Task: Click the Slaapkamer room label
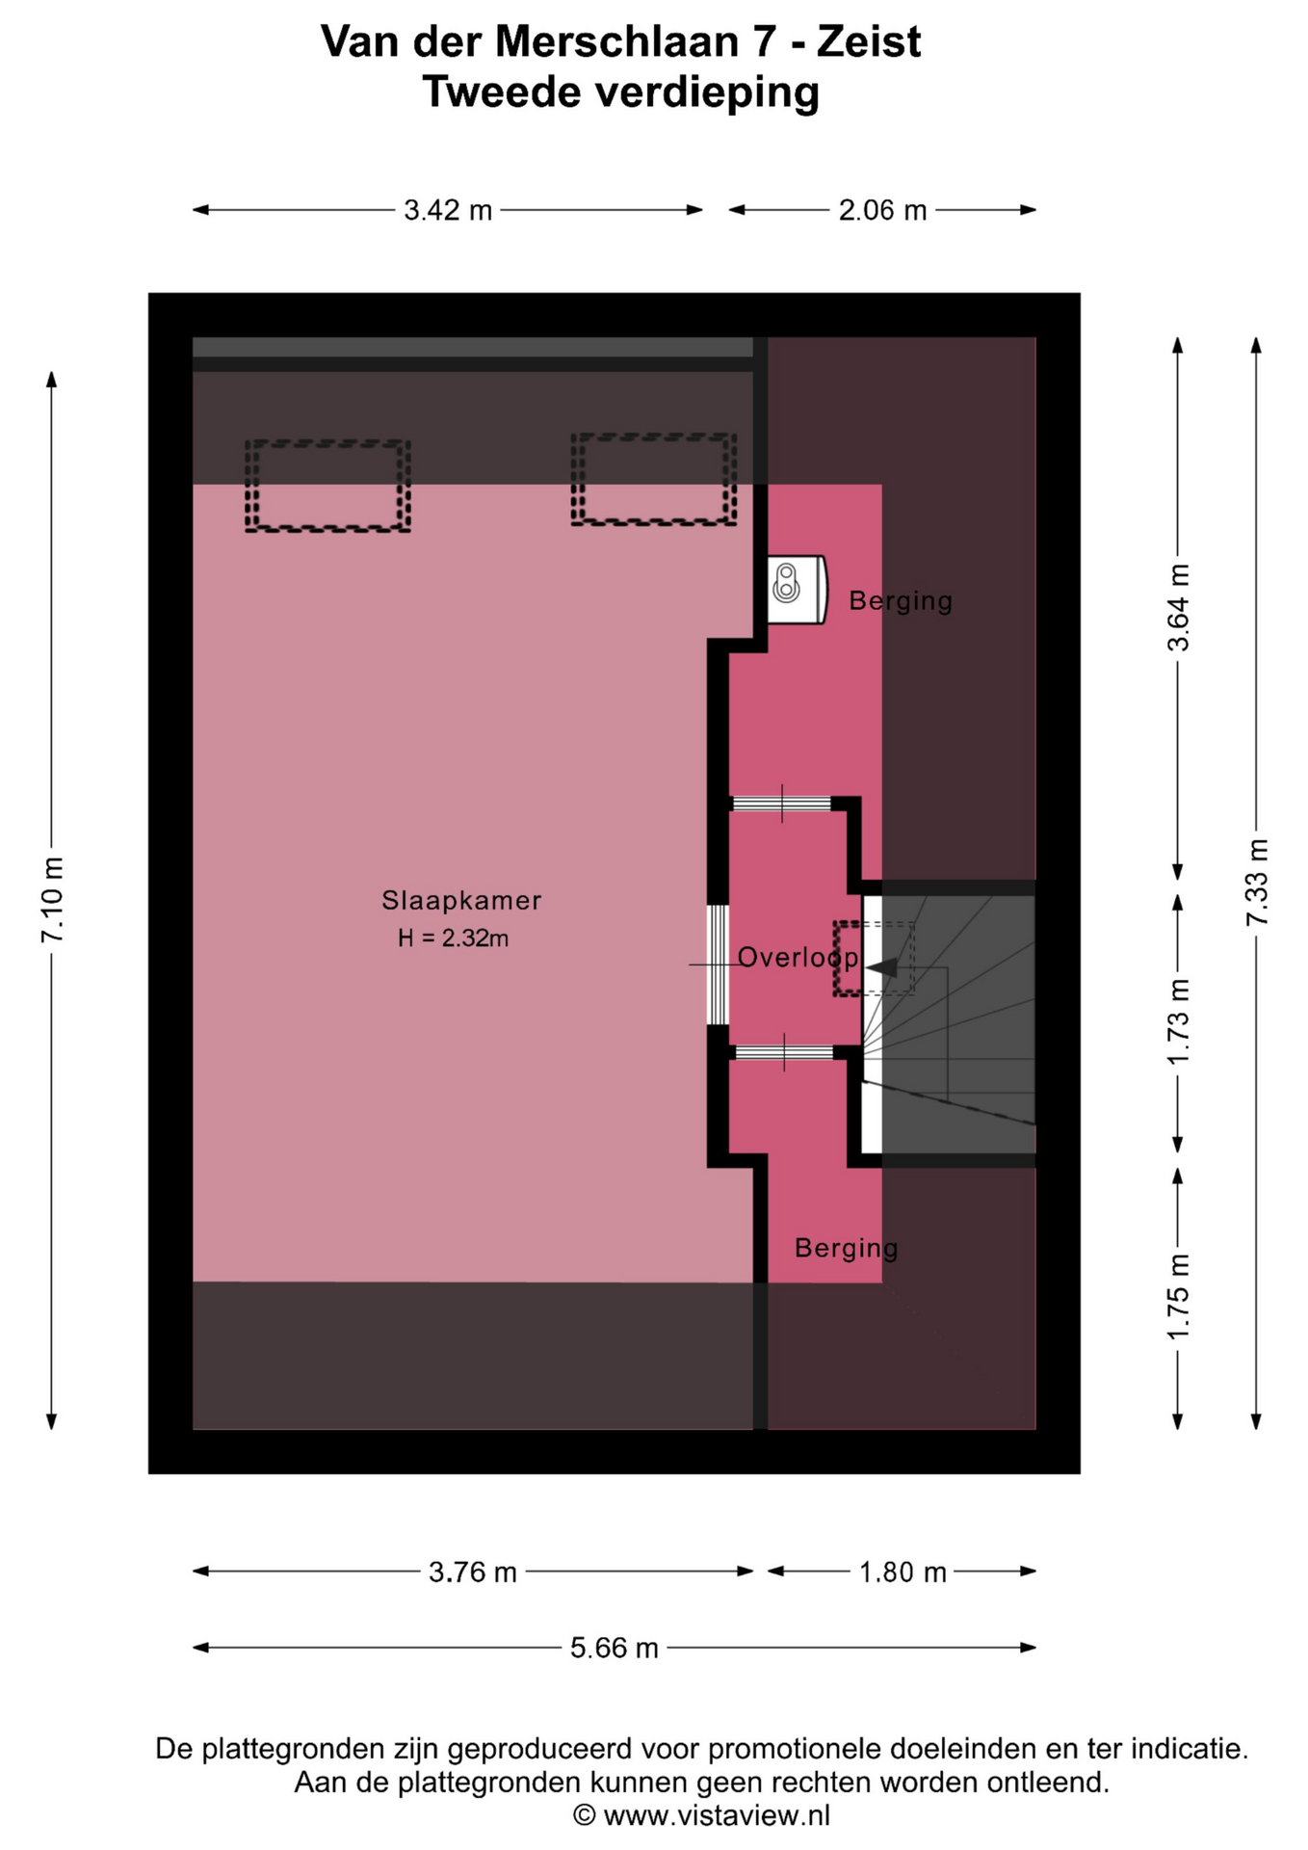(461, 901)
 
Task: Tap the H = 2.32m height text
(453, 938)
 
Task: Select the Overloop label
(798, 958)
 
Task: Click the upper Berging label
(901, 601)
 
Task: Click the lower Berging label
(847, 1249)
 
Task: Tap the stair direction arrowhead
(882, 967)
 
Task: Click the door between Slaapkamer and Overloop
(718, 965)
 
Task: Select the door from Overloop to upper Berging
(781, 804)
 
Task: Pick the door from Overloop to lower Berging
(783, 1052)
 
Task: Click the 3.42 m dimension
(448, 210)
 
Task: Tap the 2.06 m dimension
(882, 210)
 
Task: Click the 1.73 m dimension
(1177, 1022)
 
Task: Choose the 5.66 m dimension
(615, 1648)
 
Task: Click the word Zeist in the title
(869, 41)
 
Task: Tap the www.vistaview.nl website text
(717, 1816)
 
